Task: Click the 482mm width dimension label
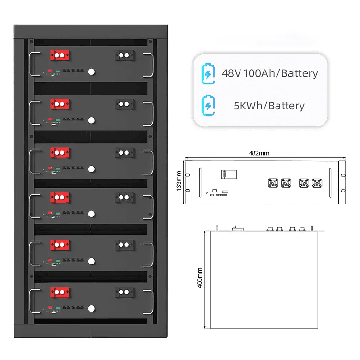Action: point(259,153)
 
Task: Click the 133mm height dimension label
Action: point(179,181)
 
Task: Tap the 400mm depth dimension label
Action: point(200,277)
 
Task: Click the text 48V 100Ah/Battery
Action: point(270,73)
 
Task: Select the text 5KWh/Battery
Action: point(269,106)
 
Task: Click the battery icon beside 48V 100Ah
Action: point(208,74)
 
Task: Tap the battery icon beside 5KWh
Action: point(208,105)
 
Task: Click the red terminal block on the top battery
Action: point(60,55)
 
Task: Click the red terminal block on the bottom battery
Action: point(60,292)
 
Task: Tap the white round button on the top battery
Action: point(91,72)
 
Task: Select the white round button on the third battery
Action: point(91,169)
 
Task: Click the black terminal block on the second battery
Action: point(124,104)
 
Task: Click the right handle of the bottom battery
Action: point(152,302)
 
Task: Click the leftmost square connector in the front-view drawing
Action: point(273,183)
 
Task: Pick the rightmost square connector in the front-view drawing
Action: point(317,183)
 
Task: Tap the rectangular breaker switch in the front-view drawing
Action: point(228,174)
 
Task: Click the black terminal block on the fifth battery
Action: point(124,245)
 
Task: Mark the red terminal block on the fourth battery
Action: point(60,197)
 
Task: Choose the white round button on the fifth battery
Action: point(91,261)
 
